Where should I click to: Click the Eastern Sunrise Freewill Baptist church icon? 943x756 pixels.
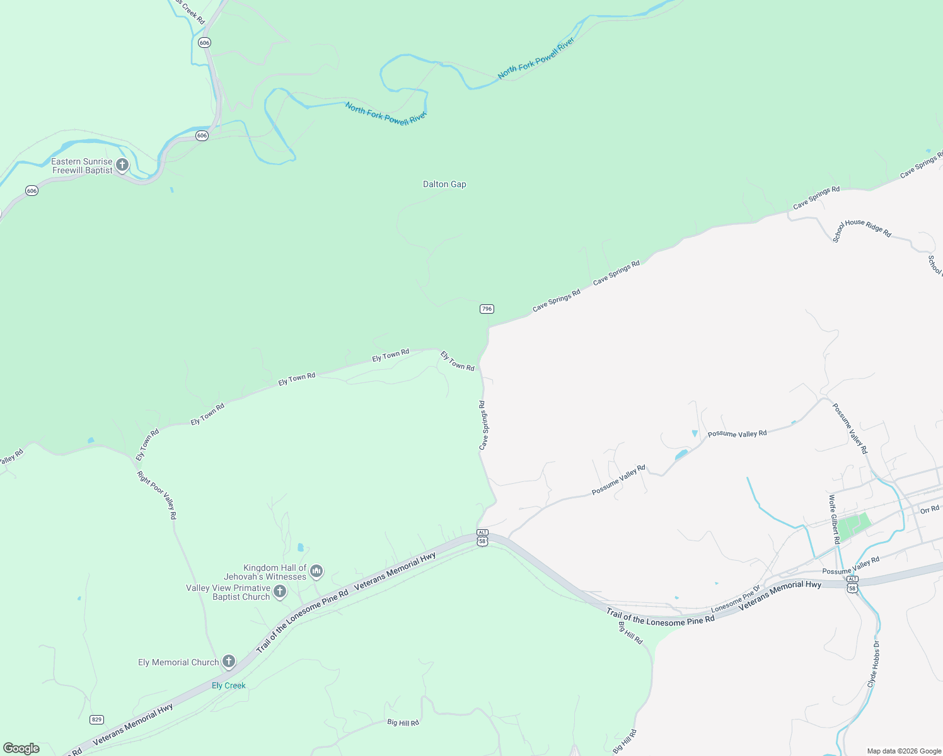coord(122,165)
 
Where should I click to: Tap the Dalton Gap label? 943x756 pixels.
coord(444,184)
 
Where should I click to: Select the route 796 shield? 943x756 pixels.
coord(487,309)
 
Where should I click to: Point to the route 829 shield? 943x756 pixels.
coord(96,719)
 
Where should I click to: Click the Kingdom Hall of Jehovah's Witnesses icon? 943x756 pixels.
coord(316,571)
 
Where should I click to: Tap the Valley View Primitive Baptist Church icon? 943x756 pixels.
coord(280,592)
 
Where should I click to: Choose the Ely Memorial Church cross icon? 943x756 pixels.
coord(229,661)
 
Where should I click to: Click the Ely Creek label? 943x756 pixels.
coord(228,685)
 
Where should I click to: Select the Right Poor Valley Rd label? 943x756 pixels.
coord(157,495)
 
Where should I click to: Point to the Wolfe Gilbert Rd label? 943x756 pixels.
coord(834,520)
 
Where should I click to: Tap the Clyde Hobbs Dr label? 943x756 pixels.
coord(873,665)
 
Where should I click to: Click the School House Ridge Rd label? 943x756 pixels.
coord(862,231)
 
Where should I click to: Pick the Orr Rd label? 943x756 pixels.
coord(930,509)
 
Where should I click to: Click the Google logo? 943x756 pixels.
coord(21,748)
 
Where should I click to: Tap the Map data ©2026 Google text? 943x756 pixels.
coord(904,751)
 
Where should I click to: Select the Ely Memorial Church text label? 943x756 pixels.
coord(178,662)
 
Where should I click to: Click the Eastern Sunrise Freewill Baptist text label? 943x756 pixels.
coord(82,166)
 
